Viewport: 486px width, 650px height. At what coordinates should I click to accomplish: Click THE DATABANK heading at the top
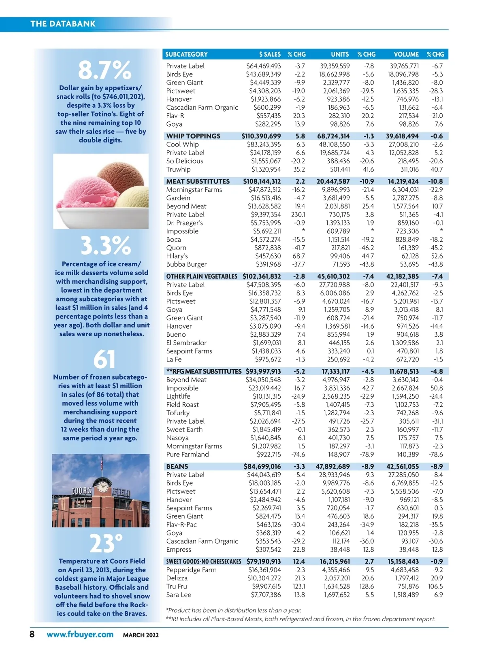[x=63, y=23]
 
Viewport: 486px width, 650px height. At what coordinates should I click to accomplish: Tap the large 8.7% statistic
[x=104, y=70]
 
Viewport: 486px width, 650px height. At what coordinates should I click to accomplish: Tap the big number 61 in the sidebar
[x=104, y=359]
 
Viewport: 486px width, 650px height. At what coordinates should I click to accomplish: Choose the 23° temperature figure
[x=106, y=544]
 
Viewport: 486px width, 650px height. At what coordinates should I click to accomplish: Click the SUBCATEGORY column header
[x=186, y=54]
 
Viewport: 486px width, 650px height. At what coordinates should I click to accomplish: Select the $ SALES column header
[x=270, y=54]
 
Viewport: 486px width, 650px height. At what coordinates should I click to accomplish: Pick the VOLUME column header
[x=406, y=54]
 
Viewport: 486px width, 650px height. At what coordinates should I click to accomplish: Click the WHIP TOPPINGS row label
[x=193, y=136]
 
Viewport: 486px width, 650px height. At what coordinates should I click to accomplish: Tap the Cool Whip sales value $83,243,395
[x=264, y=144]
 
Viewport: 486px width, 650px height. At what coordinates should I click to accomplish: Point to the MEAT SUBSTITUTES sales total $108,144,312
[x=262, y=181]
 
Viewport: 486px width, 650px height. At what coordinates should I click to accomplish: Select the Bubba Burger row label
[x=186, y=264]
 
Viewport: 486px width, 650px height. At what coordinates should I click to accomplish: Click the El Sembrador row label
[x=186, y=343]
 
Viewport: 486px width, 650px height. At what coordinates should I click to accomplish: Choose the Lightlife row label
[x=178, y=396]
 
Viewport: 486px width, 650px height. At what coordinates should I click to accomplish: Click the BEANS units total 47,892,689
[x=333, y=466]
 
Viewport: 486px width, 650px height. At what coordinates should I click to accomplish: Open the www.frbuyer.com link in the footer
[x=80, y=634]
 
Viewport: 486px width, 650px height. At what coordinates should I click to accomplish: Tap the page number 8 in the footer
[x=32, y=634]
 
